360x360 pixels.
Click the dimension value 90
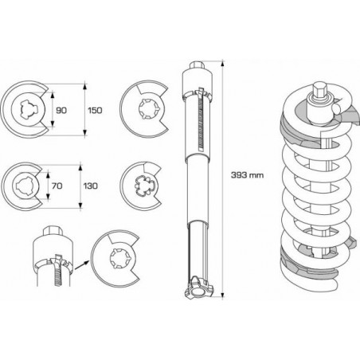[x=61, y=110]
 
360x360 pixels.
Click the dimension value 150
[x=95, y=110]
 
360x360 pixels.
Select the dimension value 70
[x=57, y=186]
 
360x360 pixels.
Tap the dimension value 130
[x=90, y=186]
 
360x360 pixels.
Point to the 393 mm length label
[x=247, y=175]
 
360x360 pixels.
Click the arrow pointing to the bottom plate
[x=81, y=265]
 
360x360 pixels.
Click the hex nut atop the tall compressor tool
[x=197, y=65]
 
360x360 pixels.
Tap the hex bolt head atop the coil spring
[x=320, y=90]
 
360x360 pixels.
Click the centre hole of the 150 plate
[x=27, y=109]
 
